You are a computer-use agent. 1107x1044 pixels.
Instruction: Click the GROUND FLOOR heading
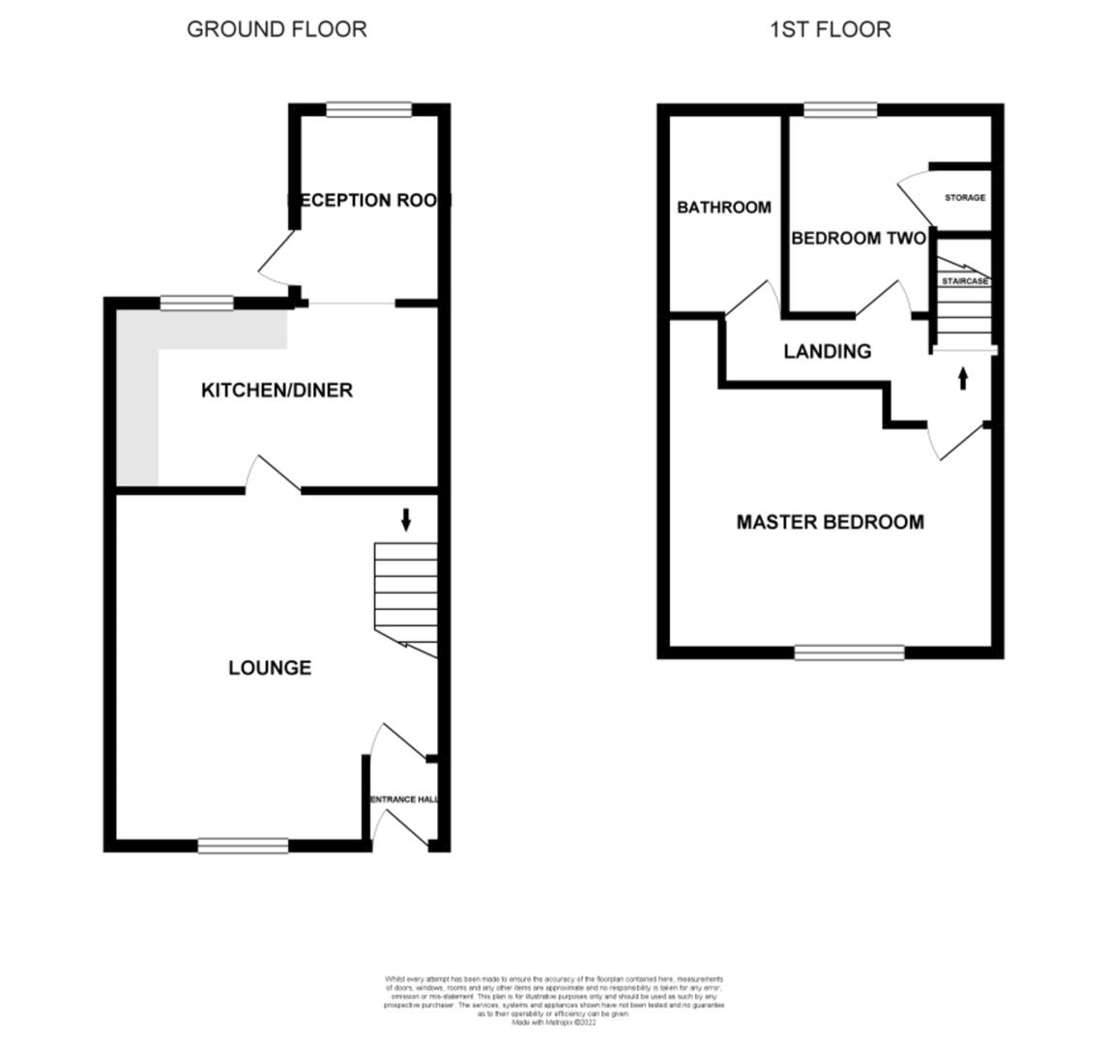[277, 29]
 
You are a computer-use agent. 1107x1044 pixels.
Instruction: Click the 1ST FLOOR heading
[830, 29]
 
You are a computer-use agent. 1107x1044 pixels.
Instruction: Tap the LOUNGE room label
[270, 668]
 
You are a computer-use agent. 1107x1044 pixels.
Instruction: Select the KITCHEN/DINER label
[277, 391]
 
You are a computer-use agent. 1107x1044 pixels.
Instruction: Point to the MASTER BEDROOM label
[830, 522]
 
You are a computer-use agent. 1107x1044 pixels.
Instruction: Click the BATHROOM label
[723, 207]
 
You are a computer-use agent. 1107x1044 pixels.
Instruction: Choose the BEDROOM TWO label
[858, 238]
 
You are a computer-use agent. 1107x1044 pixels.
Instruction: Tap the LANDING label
[827, 352]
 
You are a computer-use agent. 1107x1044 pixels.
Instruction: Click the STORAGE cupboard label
[964, 197]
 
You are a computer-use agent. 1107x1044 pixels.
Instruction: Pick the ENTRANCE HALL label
[407, 799]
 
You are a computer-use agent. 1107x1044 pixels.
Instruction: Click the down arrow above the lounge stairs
[406, 520]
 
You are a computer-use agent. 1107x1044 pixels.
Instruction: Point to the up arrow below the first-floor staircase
[963, 378]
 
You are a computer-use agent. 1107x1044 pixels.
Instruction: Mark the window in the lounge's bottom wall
[243, 846]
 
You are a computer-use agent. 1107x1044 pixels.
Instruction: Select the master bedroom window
[849, 652]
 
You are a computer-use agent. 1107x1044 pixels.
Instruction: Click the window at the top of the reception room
[368, 109]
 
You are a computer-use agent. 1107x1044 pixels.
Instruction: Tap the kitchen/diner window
[196, 303]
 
